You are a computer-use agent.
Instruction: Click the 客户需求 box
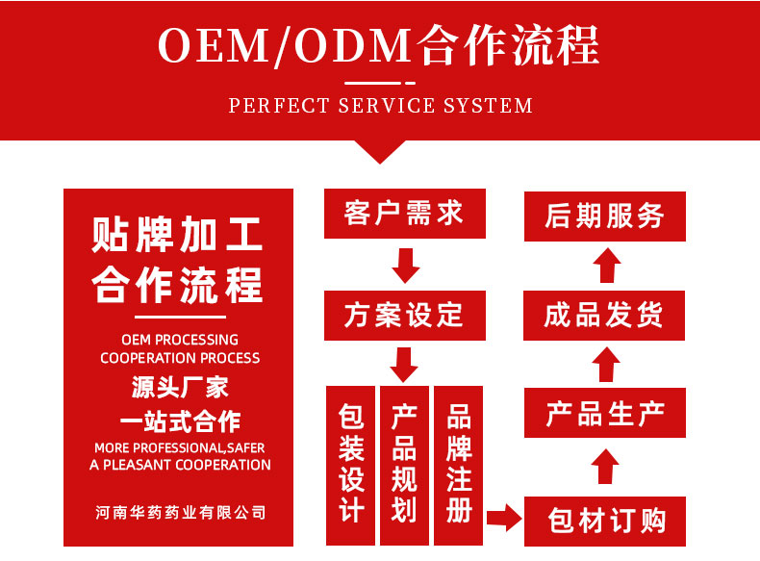point(404,214)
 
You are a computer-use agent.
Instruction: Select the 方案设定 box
point(404,315)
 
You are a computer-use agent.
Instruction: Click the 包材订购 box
point(605,521)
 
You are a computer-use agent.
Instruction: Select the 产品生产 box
point(605,414)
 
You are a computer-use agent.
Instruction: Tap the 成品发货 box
point(605,315)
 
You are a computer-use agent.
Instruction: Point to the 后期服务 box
point(605,216)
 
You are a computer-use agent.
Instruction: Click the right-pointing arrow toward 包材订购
point(502,520)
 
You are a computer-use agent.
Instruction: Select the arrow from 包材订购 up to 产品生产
point(605,467)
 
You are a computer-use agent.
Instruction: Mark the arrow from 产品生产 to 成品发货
point(605,365)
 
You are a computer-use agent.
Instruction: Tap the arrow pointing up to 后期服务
point(605,265)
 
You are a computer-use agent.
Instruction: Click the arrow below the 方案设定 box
point(404,363)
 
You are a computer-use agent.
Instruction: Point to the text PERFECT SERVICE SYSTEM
point(380,105)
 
